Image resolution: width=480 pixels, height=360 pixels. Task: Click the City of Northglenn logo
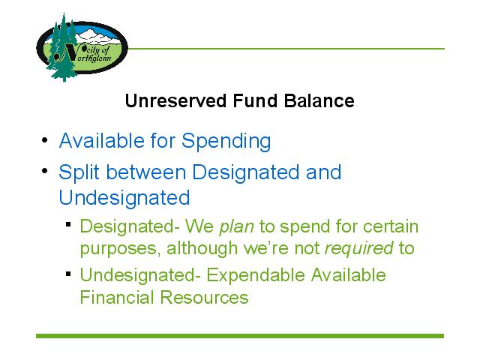pos(82,47)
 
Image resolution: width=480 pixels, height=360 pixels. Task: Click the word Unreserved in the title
pos(176,100)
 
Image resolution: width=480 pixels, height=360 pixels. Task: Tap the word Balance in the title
pos(319,100)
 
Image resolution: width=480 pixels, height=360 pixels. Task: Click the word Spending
pos(226,142)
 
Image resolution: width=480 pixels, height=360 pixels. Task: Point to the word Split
pos(79,172)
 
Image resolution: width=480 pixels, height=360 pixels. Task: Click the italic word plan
pos(236,227)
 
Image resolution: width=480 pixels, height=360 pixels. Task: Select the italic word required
pos(358,248)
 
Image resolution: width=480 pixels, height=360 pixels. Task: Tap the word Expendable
pos(256,275)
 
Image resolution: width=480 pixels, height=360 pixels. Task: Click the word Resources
pos(204,297)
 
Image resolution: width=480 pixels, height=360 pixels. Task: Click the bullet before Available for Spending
pos(45,140)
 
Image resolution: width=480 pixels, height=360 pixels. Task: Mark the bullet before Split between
pos(45,170)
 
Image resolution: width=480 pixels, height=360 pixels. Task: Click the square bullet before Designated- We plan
pos(68,225)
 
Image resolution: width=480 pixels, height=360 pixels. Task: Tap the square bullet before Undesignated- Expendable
pos(68,273)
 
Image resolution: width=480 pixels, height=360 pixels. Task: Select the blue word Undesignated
pos(124,197)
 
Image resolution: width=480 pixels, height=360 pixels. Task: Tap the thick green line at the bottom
pos(240,336)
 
